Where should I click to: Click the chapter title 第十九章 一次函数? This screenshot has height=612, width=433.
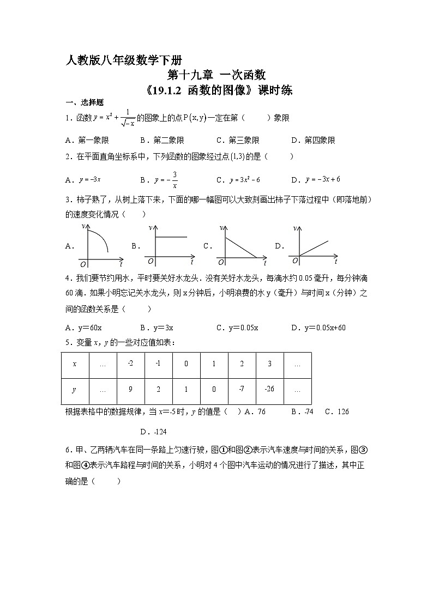tap(216, 75)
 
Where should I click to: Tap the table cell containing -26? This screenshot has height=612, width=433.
tap(269, 389)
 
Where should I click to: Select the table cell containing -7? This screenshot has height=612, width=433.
tap(242, 389)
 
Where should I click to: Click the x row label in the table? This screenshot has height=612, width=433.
tap(75, 363)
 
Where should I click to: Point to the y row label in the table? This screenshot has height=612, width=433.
tap(75, 389)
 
